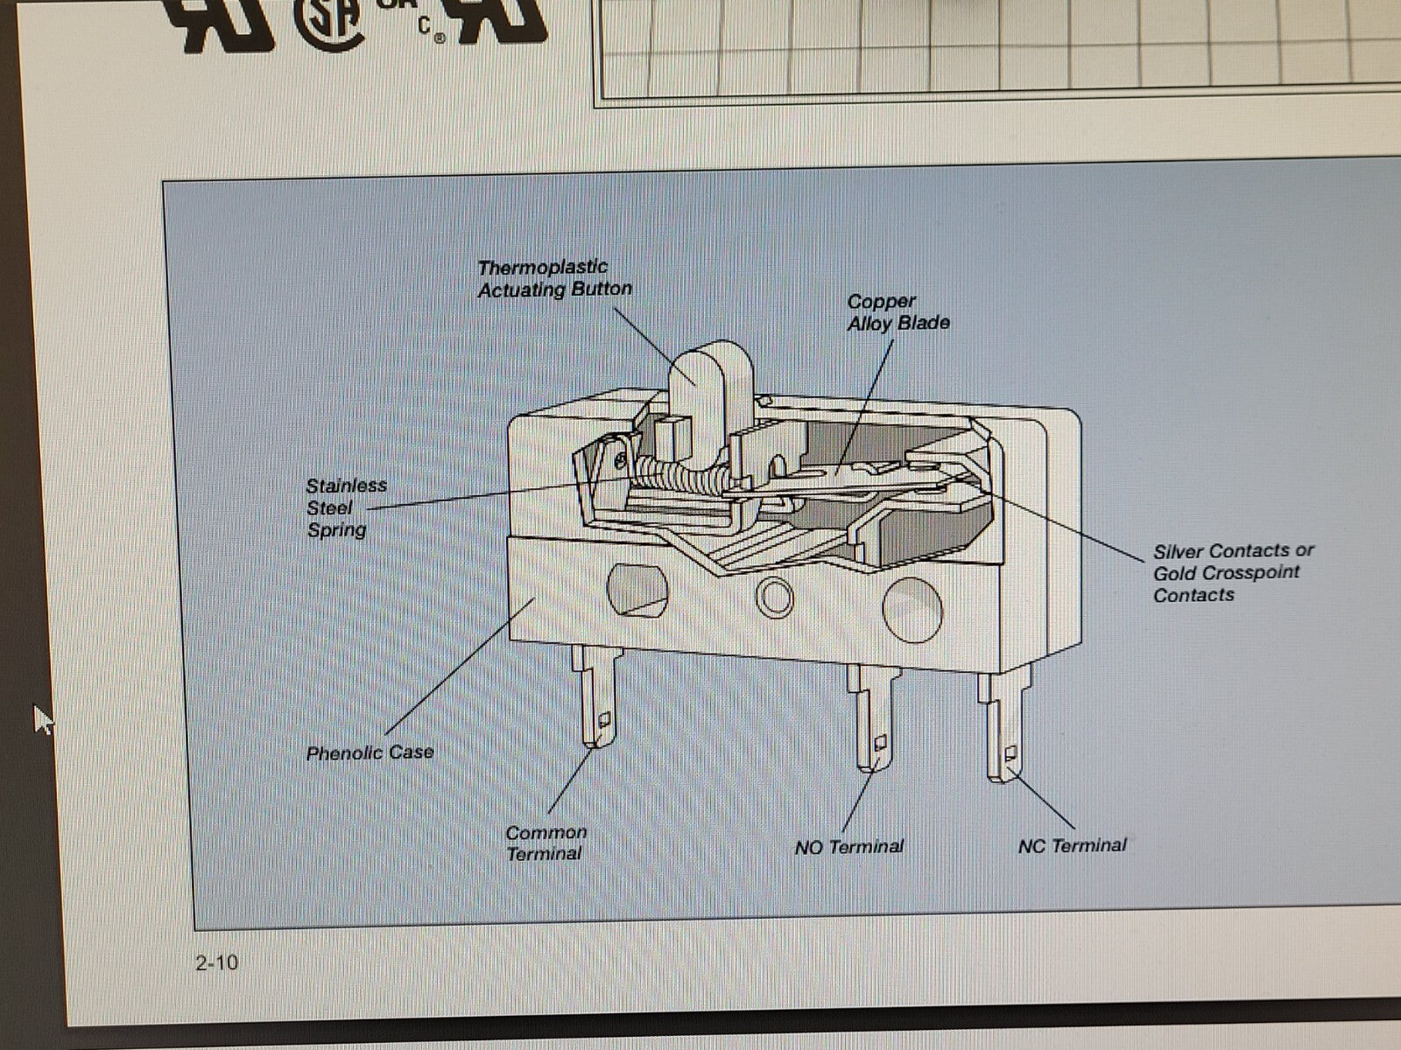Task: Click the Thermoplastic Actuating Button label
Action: (554, 278)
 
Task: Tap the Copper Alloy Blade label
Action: (898, 312)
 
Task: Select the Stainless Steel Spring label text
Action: (346, 507)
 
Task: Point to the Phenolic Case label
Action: (370, 752)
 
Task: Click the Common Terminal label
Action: (546, 843)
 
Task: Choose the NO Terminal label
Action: (848, 847)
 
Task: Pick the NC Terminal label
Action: (1073, 845)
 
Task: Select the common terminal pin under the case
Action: (596, 695)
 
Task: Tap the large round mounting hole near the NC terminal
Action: (912, 610)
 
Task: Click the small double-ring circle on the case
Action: (774, 598)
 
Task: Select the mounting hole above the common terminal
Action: (637, 590)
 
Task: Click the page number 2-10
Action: (217, 962)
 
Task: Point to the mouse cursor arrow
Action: (44, 719)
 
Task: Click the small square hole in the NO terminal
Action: (880, 741)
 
